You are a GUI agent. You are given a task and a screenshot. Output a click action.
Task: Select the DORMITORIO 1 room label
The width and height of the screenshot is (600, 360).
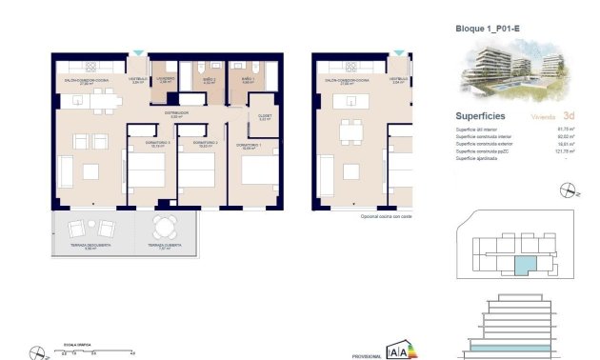pos(250,146)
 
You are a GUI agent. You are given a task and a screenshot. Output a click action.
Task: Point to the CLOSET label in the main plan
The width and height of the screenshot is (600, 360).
pos(265,117)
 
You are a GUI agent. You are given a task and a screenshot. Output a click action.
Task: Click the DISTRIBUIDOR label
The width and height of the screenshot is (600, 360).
pos(175,113)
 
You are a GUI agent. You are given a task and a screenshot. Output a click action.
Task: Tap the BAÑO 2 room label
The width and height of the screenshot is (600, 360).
pos(210,81)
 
